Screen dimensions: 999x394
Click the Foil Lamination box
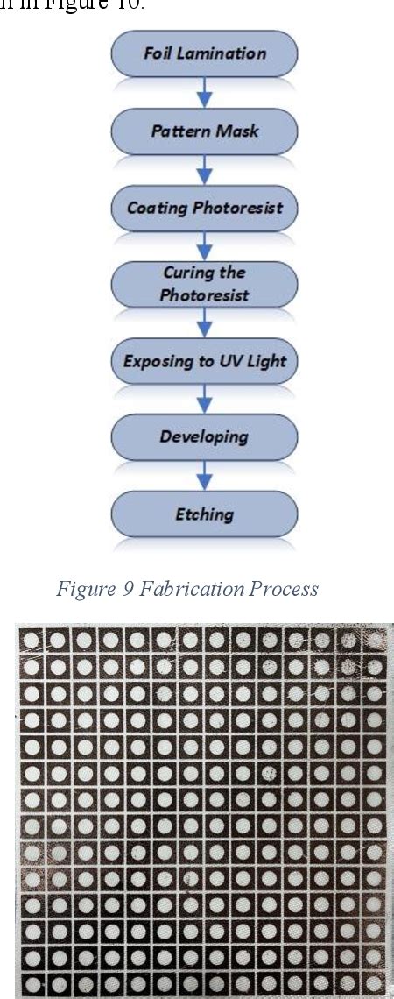[204, 53]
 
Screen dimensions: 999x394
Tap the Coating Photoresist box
[204, 208]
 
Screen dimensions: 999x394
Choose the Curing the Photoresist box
[204, 284]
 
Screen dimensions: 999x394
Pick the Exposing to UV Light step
[204, 360]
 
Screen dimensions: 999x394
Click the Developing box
[204, 436]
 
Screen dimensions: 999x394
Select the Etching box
[204, 513]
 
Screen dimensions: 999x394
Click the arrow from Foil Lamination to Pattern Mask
[204, 92]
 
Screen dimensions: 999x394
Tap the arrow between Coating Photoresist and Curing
[204, 246]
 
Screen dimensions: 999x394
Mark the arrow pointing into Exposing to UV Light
[204, 322]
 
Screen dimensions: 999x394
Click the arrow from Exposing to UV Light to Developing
[204, 399]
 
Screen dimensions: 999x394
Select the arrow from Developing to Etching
[204, 475]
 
